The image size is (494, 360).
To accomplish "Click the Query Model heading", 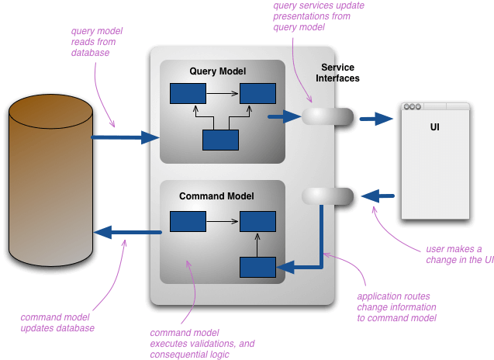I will point(217,71).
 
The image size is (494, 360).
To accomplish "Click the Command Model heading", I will point(216,196).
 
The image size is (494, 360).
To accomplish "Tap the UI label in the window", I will point(434,126).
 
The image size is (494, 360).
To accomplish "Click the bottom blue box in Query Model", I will point(220,140).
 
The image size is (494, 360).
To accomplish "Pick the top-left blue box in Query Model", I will point(188,94).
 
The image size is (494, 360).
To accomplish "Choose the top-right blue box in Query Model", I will point(257,94).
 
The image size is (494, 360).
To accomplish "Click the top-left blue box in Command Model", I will point(188,222).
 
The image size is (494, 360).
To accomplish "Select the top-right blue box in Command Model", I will point(257,222).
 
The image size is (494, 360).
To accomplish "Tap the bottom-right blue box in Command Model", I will point(257,267).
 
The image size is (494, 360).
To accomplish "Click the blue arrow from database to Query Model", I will point(125,137).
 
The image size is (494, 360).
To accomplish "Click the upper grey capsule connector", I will point(327,116).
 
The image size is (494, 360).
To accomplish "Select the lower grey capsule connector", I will point(327,196).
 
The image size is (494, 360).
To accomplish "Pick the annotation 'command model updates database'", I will point(57,322).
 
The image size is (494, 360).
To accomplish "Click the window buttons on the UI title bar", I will point(413,107).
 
